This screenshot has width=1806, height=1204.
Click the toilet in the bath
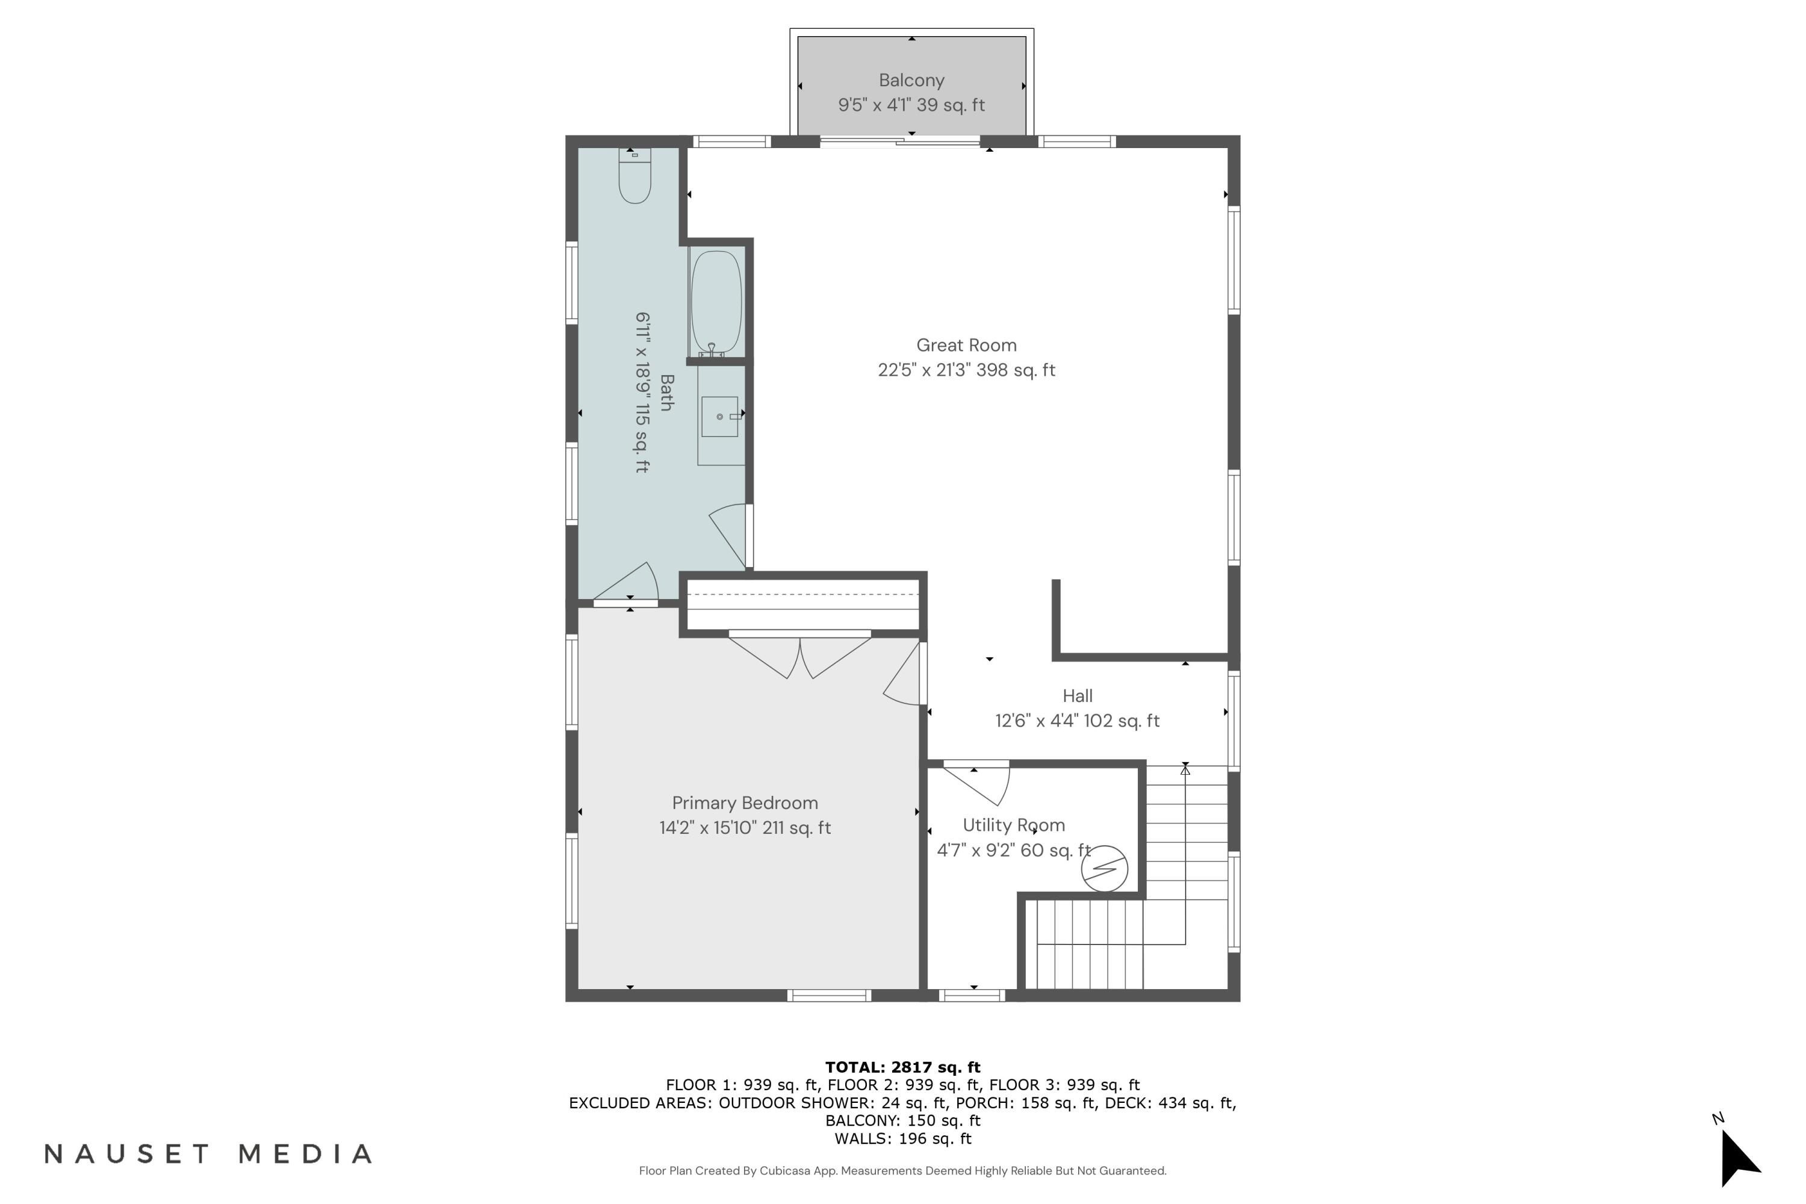[635, 179]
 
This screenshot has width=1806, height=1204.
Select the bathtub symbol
[716, 302]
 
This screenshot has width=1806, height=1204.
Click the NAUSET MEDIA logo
[208, 1154]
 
